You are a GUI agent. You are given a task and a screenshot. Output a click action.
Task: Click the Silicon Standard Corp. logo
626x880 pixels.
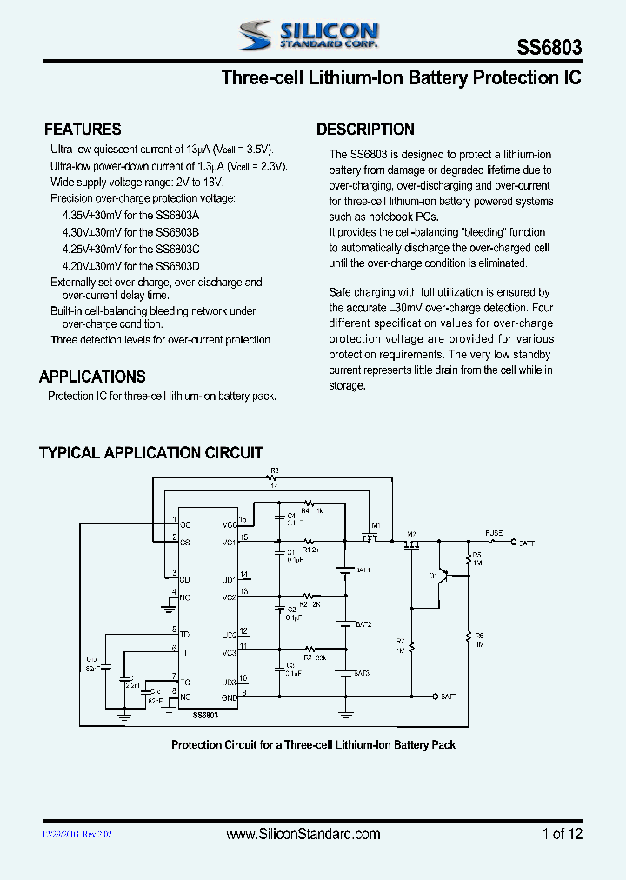pyautogui.click(x=309, y=35)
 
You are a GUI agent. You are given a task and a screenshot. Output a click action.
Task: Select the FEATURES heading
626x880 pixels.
pyautogui.click(x=83, y=130)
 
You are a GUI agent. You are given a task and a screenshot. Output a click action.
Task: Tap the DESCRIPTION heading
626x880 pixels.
pyautogui.click(x=365, y=130)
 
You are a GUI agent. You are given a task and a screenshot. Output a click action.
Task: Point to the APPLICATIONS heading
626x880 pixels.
pyautogui.click(x=92, y=377)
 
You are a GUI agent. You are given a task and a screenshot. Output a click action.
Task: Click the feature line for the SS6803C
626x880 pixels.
pyautogui.click(x=130, y=249)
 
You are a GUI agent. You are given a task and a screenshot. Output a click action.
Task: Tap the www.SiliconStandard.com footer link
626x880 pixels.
pyautogui.click(x=303, y=834)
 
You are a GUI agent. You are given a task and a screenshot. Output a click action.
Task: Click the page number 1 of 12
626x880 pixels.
pyautogui.click(x=562, y=834)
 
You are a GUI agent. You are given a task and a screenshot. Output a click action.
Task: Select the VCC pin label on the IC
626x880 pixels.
pyautogui.click(x=230, y=525)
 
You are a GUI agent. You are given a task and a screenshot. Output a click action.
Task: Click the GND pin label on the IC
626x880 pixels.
pyautogui.click(x=230, y=697)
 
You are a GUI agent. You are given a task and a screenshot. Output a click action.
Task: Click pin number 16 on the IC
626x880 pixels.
pyautogui.click(x=243, y=519)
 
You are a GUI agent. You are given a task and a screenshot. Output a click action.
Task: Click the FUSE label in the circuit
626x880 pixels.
pyautogui.click(x=493, y=531)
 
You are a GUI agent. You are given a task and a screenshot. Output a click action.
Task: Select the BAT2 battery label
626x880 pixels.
pyautogui.click(x=363, y=624)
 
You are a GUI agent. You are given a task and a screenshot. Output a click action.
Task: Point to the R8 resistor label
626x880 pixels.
pyautogui.click(x=274, y=470)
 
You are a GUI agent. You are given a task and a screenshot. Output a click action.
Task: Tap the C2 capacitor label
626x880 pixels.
pyautogui.click(x=292, y=610)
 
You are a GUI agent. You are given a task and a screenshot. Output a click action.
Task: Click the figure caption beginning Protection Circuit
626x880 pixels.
pyautogui.click(x=313, y=744)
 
